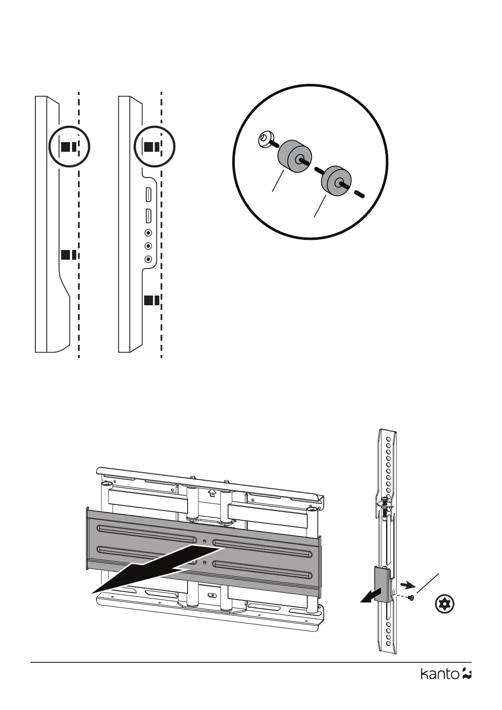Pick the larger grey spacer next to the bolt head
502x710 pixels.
click(x=293, y=157)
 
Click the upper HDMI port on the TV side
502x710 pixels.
click(x=148, y=195)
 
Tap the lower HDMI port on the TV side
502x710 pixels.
click(x=148, y=215)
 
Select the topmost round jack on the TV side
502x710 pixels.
click(x=148, y=232)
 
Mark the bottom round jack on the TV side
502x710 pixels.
click(x=148, y=260)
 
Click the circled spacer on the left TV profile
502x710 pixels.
click(x=67, y=147)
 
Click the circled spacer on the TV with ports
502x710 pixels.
click(x=151, y=147)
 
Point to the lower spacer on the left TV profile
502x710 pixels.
click(x=68, y=255)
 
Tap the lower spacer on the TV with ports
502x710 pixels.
click(x=151, y=300)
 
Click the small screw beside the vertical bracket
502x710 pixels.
click(x=412, y=597)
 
